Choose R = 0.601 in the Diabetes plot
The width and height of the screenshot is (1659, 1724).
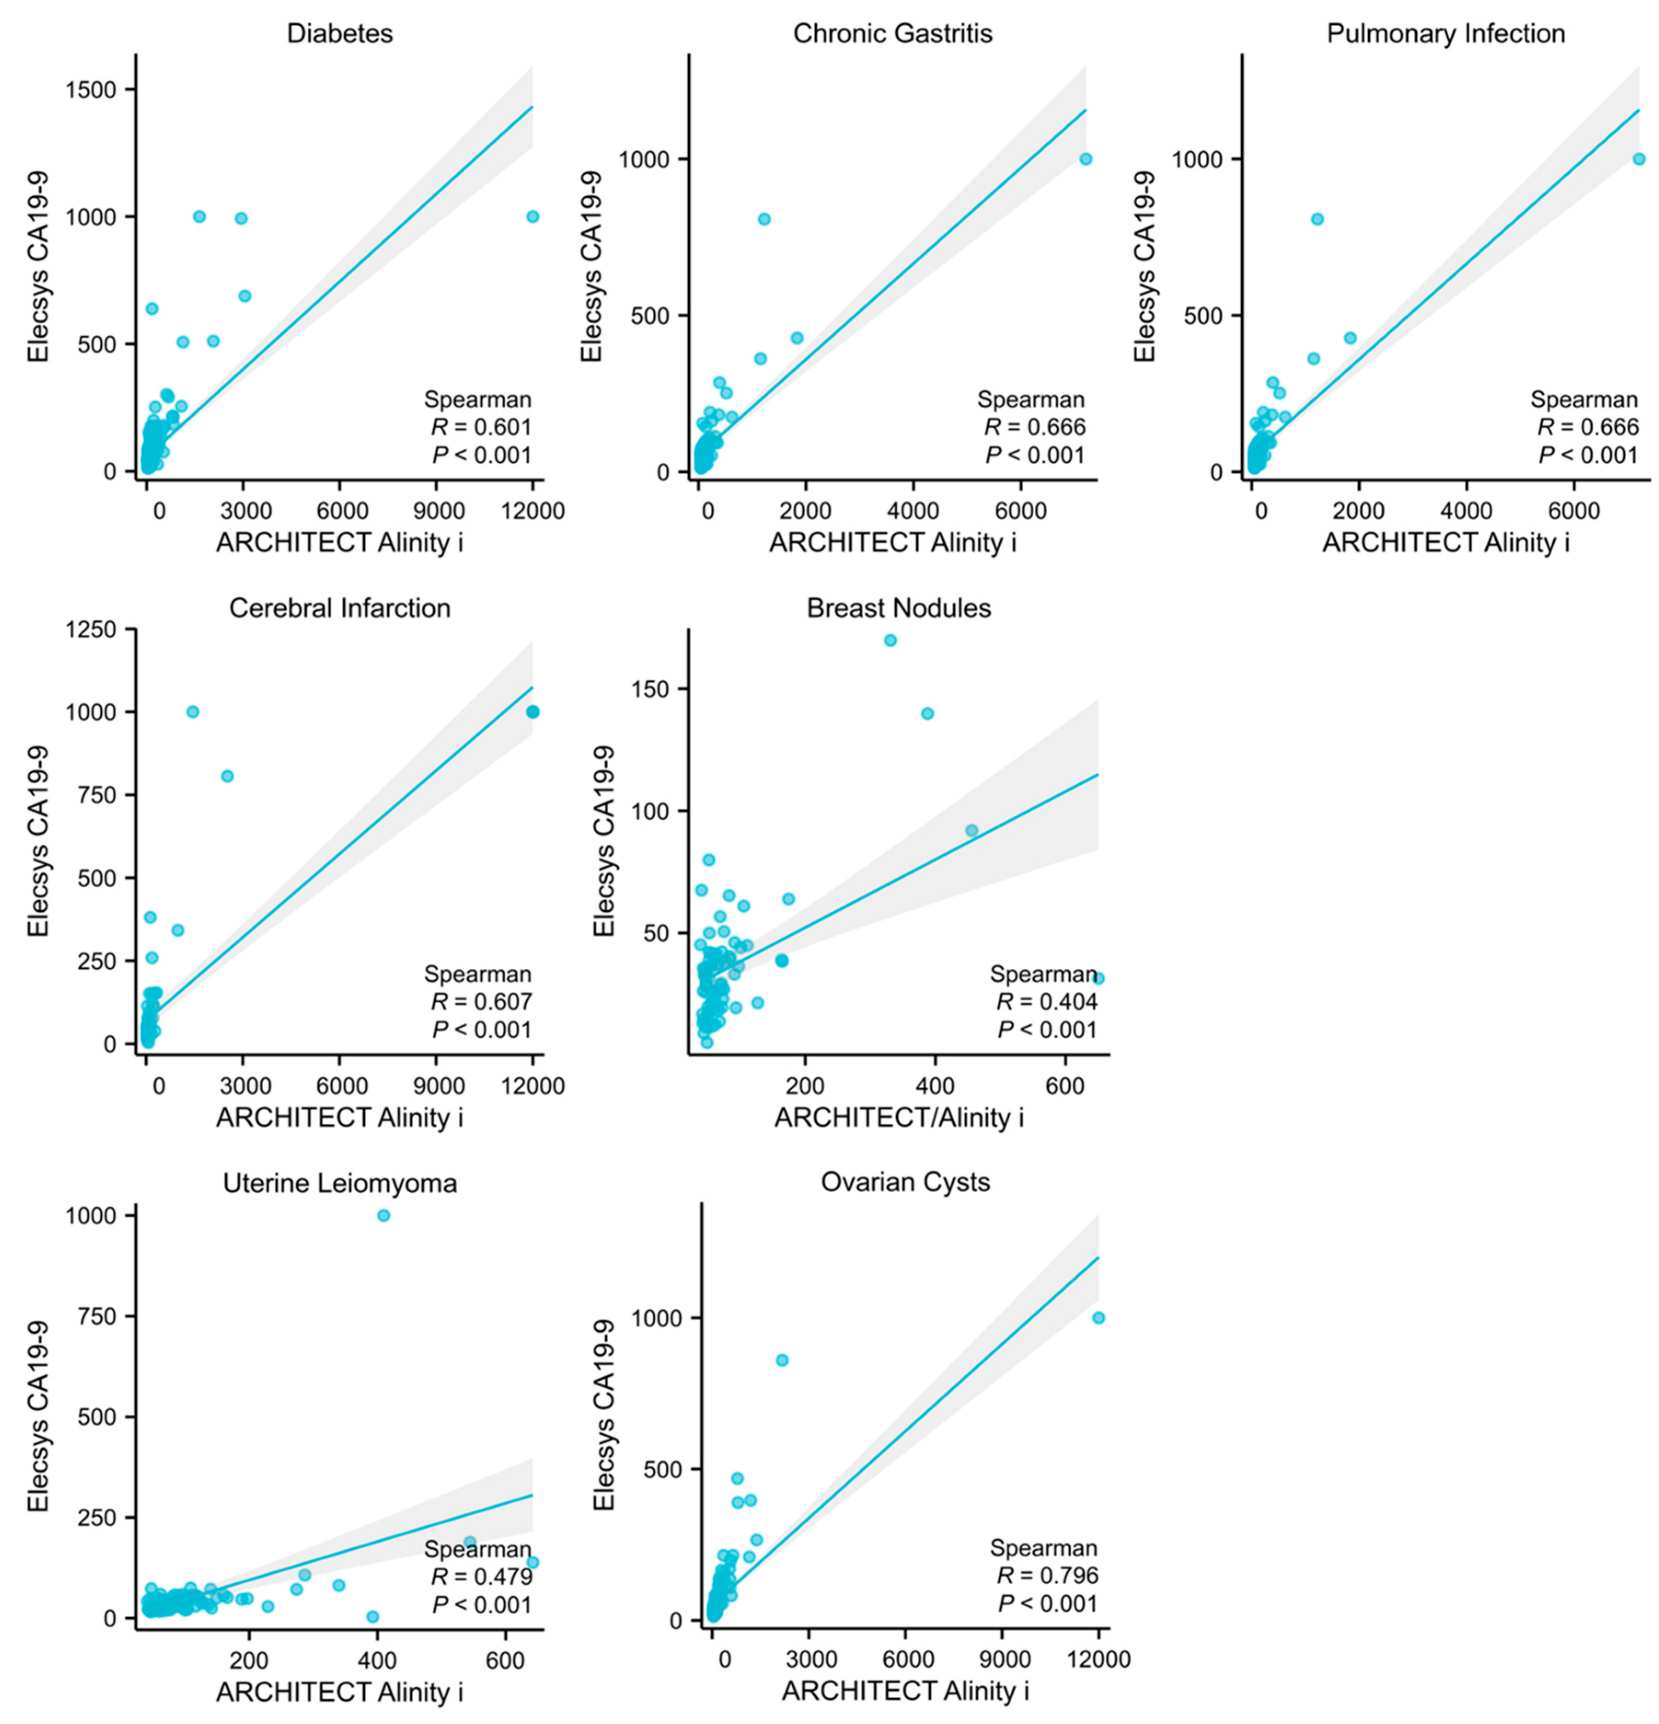coord(481,427)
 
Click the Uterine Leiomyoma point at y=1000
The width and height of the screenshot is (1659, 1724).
coord(384,1216)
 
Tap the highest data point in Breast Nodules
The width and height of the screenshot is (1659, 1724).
coord(890,640)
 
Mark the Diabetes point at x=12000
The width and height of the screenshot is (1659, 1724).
coord(532,216)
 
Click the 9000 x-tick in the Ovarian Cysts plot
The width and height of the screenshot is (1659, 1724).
coord(1004,1658)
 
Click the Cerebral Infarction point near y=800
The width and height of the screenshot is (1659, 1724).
coord(227,776)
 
